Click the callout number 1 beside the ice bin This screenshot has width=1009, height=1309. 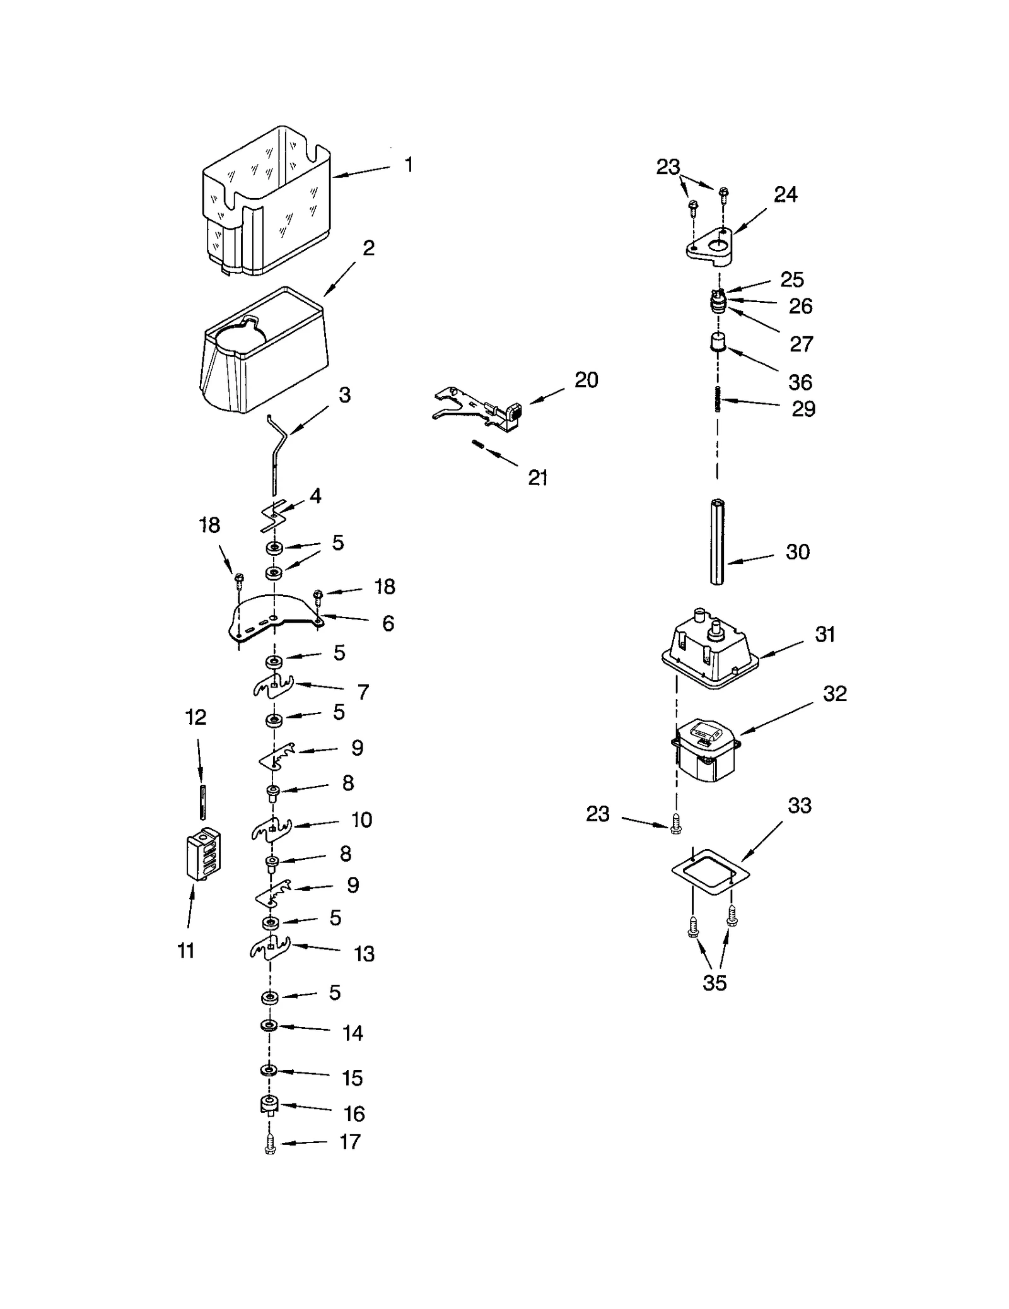409,165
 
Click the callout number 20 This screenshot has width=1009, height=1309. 586,380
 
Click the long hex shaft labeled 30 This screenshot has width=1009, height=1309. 717,542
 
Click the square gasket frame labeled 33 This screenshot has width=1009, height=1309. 711,874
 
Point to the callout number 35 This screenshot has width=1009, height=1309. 714,982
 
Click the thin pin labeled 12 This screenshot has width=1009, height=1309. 204,802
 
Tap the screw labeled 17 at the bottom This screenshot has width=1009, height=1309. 271,1143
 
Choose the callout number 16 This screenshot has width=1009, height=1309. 354,1114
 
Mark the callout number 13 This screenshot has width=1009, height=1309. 365,954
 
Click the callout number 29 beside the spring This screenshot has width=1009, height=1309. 803,409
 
